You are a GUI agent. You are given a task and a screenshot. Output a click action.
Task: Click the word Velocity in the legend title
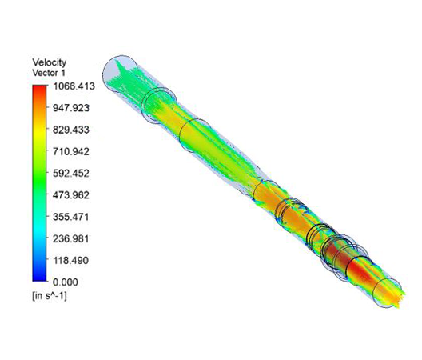pos(49,62)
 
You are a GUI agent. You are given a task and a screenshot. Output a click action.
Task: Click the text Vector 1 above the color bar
pos(50,73)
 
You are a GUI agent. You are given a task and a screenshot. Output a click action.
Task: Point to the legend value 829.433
pos(73,129)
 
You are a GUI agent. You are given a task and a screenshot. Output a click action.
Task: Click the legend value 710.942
pos(73,150)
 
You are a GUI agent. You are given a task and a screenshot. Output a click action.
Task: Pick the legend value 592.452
pos(73,173)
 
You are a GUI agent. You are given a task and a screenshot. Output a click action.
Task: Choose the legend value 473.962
pos(73,194)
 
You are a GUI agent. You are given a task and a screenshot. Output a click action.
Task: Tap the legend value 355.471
pos(73,217)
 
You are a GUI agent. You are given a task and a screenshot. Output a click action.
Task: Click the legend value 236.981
pos(73,238)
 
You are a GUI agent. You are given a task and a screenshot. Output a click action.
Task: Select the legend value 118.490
pos(73,260)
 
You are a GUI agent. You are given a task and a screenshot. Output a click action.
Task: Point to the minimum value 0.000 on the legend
pos(66,282)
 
